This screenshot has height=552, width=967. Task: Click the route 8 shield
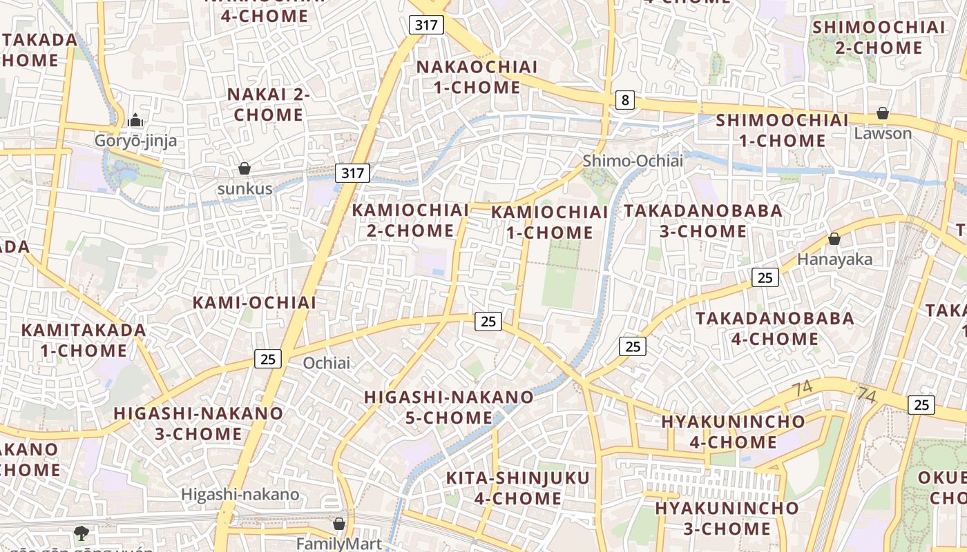[x=625, y=101]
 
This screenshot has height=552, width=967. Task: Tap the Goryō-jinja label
[x=136, y=141]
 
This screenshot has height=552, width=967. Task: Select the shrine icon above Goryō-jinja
[x=136, y=120]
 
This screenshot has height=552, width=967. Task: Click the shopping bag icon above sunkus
[x=245, y=168]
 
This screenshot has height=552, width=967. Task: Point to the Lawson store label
[x=883, y=133]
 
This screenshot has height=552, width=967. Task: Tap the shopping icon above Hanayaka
[x=834, y=239]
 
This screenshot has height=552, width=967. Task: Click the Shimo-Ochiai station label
[x=632, y=161]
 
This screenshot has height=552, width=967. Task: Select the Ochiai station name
[x=327, y=363]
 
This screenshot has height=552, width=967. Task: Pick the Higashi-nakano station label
[x=240, y=494]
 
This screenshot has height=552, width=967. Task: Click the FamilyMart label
[x=338, y=544]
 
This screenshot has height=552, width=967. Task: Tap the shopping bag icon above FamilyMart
[x=338, y=524]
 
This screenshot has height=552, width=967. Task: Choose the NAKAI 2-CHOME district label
[x=269, y=104]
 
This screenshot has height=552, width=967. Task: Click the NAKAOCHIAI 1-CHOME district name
[x=477, y=77]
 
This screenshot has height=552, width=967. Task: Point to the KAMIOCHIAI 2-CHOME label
[x=410, y=220]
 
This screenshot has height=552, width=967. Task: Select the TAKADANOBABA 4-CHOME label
[x=774, y=328]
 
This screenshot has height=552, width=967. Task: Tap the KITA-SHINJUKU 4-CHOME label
[x=517, y=488]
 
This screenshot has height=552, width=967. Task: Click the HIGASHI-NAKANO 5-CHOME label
[x=449, y=407]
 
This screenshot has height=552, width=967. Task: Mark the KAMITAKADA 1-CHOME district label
[x=84, y=340]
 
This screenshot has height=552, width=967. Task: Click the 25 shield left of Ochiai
[x=268, y=359]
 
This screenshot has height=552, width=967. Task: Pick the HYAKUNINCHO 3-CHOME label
[x=727, y=518]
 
